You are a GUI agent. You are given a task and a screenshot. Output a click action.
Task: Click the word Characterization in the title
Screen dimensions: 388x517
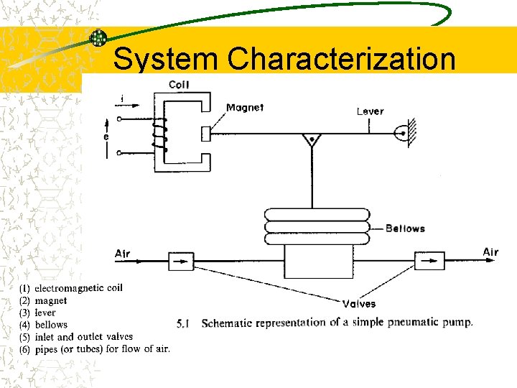pyautogui.click(x=342, y=59)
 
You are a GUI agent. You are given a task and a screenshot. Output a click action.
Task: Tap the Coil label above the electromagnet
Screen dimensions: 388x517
pyautogui.click(x=179, y=85)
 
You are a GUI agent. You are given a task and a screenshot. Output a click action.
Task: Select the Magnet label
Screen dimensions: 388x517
pyautogui.click(x=245, y=108)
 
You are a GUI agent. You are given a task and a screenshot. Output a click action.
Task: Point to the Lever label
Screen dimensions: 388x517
pyautogui.click(x=371, y=111)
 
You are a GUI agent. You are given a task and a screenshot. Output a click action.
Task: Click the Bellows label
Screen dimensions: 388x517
pyautogui.click(x=405, y=228)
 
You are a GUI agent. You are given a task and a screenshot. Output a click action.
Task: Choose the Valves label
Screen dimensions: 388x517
pyautogui.click(x=359, y=304)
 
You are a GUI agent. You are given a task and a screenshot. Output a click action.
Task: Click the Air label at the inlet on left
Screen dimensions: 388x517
pyautogui.click(x=123, y=254)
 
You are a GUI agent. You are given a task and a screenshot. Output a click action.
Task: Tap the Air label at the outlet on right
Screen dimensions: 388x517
pyautogui.click(x=490, y=251)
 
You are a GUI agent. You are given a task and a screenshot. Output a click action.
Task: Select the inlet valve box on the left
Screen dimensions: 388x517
pyautogui.click(x=182, y=261)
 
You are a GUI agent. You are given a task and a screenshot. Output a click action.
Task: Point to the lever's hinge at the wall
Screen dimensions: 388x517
pyautogui.click(x=403, y=134)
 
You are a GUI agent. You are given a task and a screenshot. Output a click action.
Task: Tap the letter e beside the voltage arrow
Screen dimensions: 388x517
pyautogui.click(x=106, y=136)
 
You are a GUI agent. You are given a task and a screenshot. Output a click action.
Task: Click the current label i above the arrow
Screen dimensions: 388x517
pyautogui.click(x=122, y=98)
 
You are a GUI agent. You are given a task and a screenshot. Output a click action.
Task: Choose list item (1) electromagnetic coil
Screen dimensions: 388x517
pyautogui.click(x=71, y=288)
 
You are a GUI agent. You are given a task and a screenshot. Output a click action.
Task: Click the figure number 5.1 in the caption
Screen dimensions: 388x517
pyautogui.click(x=182, y=323)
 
